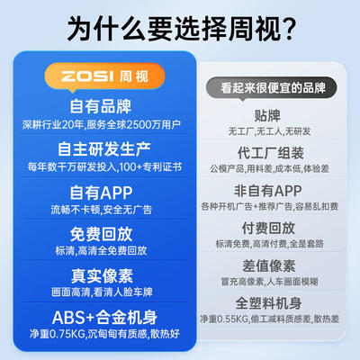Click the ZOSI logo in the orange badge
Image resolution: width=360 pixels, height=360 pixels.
coord(87,76)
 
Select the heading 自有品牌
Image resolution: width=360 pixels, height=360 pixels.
coord(101,106)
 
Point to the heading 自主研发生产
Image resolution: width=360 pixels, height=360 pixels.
coord(103,148)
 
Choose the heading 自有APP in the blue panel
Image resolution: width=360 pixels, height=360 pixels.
coord(101,193)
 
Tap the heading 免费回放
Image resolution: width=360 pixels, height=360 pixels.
coord(101,234)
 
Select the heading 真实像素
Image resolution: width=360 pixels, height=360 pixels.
coord(102,276)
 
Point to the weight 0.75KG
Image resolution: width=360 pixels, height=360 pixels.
coord(67,334)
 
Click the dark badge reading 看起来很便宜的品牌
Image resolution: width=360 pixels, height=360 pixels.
coord(272,87)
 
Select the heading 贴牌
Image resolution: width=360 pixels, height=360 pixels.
coord(267,116)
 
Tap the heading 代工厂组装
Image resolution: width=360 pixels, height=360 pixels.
coord(271,153)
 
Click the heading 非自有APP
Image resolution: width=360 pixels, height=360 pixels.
coord(267,191)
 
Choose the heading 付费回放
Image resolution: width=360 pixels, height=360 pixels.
coord(268,229)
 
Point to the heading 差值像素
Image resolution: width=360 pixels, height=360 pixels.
coord(269,265)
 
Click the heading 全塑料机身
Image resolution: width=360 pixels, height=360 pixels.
coord(268,303)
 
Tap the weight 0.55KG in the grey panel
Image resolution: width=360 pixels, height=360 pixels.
coord(231,319)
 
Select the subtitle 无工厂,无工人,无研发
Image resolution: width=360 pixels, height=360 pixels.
coord(269,131)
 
